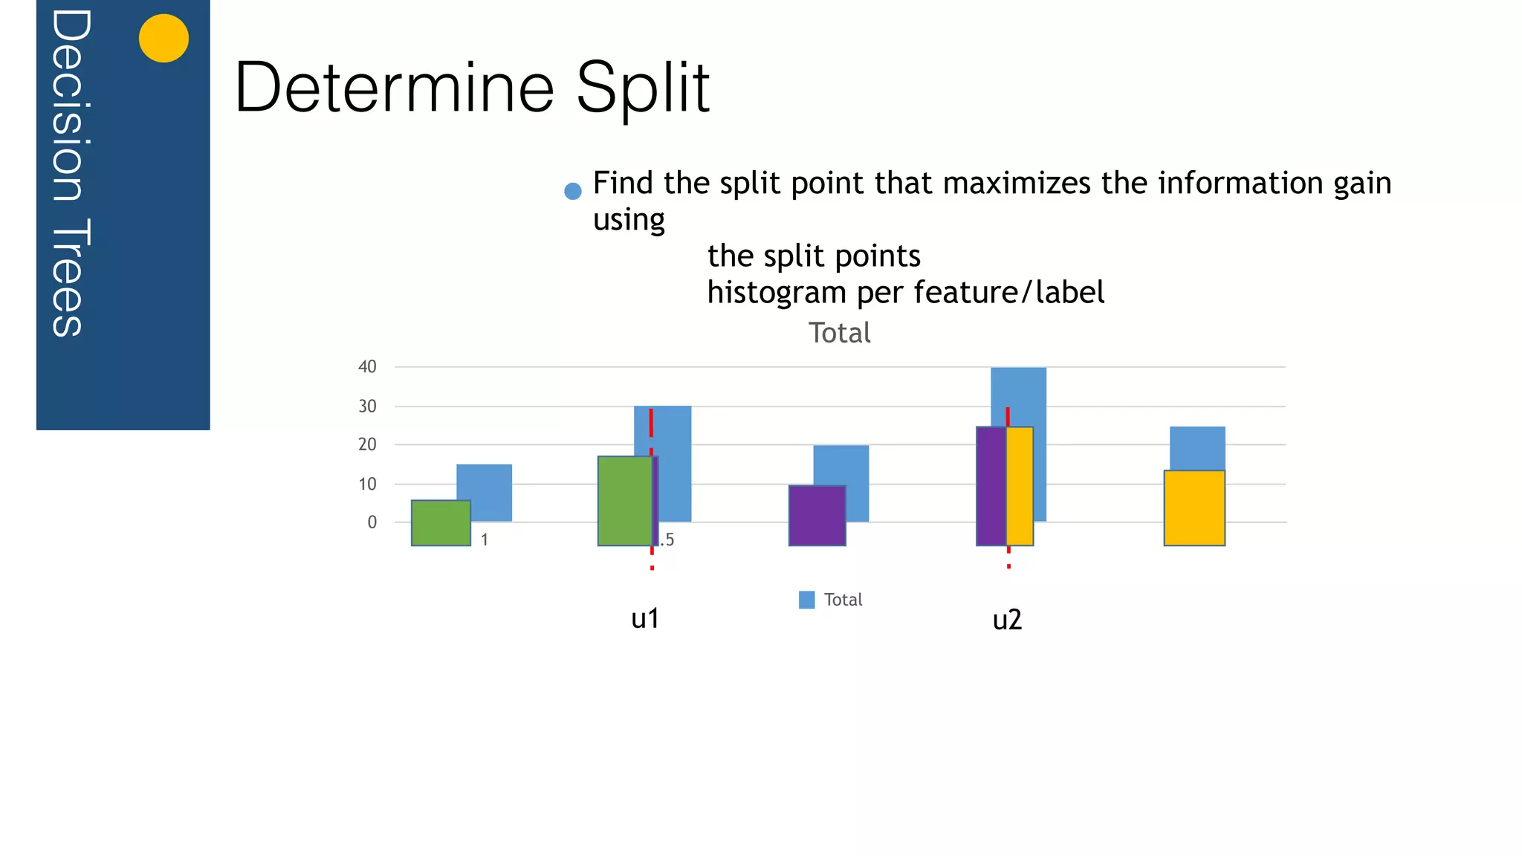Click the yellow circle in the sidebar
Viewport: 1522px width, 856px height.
[x=163, y=38]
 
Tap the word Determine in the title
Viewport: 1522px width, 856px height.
[x=394, y=88]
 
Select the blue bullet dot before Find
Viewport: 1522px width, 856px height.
[x=572, y=191]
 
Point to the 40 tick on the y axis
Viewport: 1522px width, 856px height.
[x=367, y=366]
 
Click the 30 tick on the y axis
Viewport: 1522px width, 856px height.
[x=367, y=406]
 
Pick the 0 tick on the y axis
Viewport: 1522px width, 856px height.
[x=372, y=522]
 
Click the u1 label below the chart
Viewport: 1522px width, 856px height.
[x=645, y=618]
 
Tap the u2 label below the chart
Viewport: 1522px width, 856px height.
[x=1007, y=620]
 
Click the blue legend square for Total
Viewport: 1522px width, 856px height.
[x=806, y=600]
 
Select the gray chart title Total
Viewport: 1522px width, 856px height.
[x=839, y=333]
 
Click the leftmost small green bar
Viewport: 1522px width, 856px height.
[x=441, y=523]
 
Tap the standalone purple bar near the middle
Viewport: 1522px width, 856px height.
[x=817, y=516]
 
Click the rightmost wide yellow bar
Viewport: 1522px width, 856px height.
[x=1194, y=508]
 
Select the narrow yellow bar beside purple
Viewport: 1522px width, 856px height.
[x=1020, y=486]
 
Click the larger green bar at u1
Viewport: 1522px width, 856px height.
[x=624, y=501]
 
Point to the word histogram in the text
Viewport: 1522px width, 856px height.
[x=777, y=292]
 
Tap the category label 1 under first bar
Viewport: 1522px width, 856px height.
[x=485, y=540]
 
